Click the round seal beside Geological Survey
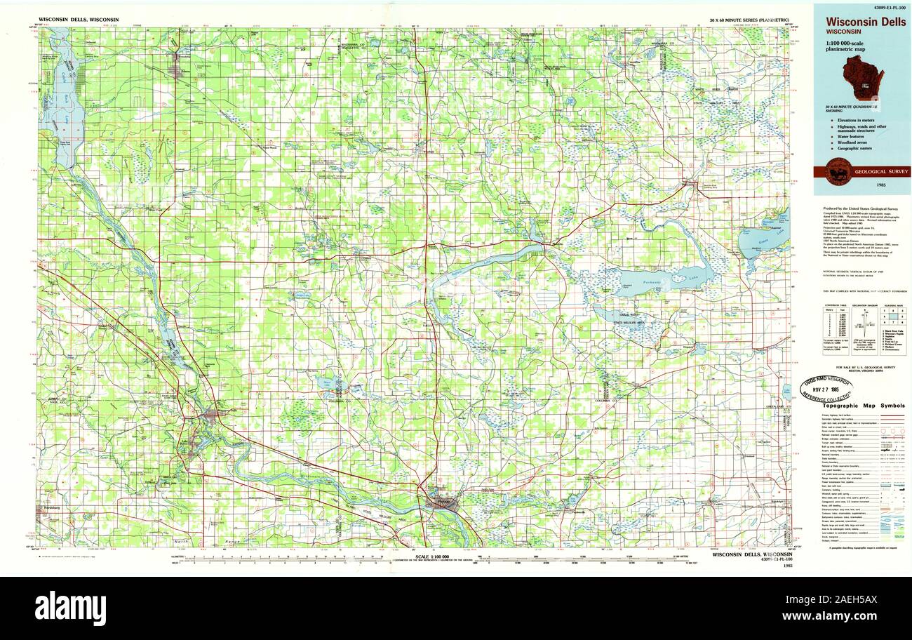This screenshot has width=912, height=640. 838,172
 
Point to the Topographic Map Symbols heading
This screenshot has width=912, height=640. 862,406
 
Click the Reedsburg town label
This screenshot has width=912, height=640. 49,507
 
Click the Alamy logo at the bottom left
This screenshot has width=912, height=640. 70,608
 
